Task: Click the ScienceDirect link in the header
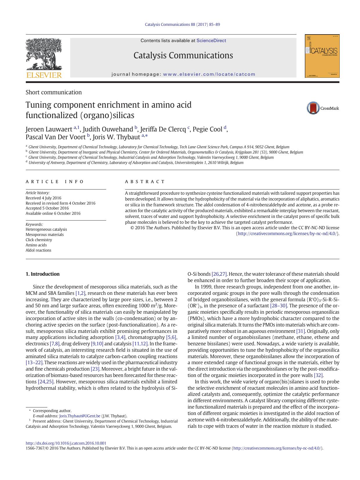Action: [211, 41]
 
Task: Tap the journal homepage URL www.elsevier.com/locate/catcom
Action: [209, 74]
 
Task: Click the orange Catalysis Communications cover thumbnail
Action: [322, 56]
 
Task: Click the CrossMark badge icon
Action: [313, 108]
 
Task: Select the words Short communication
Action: [54, 92]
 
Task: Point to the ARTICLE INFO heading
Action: [55, 182]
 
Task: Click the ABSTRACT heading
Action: [145, 182]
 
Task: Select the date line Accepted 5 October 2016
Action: [47, 208]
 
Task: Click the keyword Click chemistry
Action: [39, 240]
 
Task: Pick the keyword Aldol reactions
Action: [38, 250]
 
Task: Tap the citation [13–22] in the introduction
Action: [34, 362]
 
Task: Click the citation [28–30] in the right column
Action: [278, 306]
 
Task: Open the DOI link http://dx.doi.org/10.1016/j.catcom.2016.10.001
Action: [66, 443]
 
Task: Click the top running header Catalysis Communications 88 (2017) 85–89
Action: [182, 24]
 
